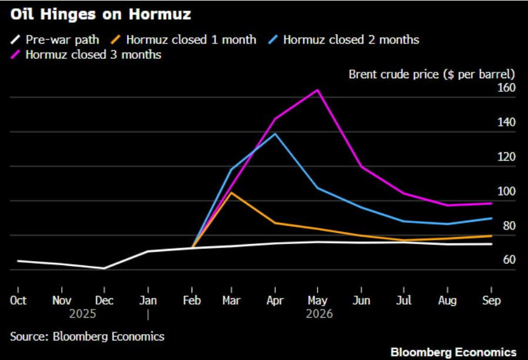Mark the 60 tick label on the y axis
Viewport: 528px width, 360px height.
click(509, 260)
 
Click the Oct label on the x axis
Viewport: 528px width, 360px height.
click(18, 301)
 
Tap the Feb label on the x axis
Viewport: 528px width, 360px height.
click(192, 301)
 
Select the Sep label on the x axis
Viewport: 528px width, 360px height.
click(491, 301)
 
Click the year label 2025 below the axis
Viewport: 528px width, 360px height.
click(83, 314)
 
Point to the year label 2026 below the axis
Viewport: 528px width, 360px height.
click(319, 314)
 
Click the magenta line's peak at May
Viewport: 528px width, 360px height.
click(318, 90)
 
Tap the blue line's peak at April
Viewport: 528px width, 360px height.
click(275, 134)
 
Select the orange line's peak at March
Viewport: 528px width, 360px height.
click(231, 192)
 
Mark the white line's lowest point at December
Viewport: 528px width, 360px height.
click(104, 268)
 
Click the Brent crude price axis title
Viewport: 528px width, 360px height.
click(432, 74)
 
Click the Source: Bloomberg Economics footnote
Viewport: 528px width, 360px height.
click(87, 337)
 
